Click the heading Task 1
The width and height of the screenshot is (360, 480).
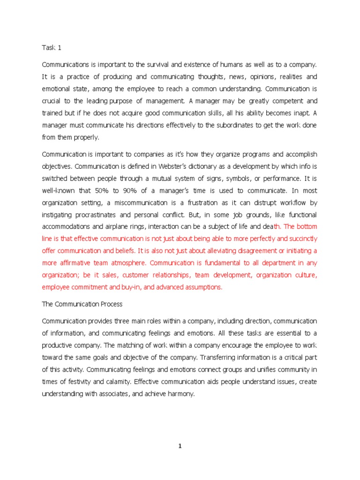[52, 47]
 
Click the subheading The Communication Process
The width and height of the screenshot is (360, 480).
[82, 304]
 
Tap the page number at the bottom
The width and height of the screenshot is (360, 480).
[180, 447]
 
